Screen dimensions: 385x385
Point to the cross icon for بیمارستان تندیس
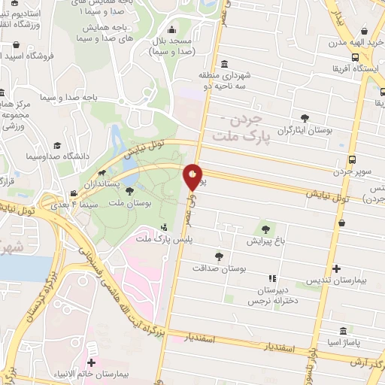click(x=336, y=268)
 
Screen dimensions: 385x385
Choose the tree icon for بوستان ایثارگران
click(x=305, y=118)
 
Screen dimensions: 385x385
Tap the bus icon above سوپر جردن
click(x=353, y=160)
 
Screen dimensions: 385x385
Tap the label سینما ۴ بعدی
click(x=73, y=204)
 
